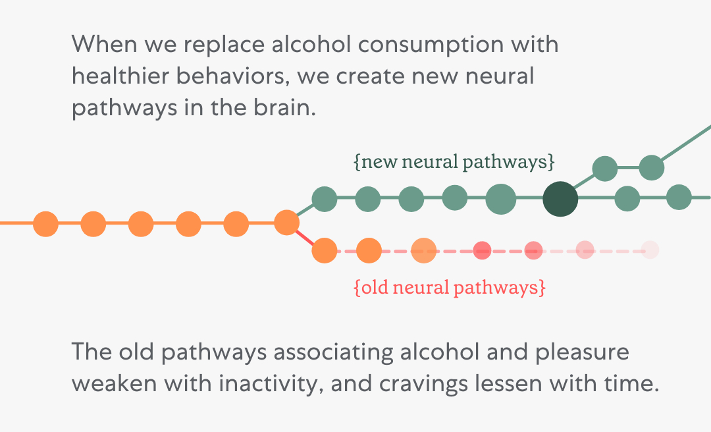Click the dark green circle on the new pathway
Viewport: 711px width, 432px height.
click(x=560, y=198)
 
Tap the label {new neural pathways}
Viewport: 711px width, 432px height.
click(x=454, y=163)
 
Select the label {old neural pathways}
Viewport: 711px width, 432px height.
click(x=450, y=288)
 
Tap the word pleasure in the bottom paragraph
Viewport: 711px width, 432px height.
click(x=582, y=352)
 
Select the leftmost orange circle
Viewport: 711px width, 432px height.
click(x=45, y=224)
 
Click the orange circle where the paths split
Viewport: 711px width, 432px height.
click(x=286, y=223)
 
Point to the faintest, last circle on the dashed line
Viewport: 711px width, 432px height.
click(x=650, y=250)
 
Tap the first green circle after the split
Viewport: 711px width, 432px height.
click(x=324, y=198)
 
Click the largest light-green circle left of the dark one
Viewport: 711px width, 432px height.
click(x=500, y=198)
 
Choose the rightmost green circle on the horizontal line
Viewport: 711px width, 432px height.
click(x=678, y=197)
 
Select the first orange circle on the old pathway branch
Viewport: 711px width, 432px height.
click(x=324, y=250)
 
